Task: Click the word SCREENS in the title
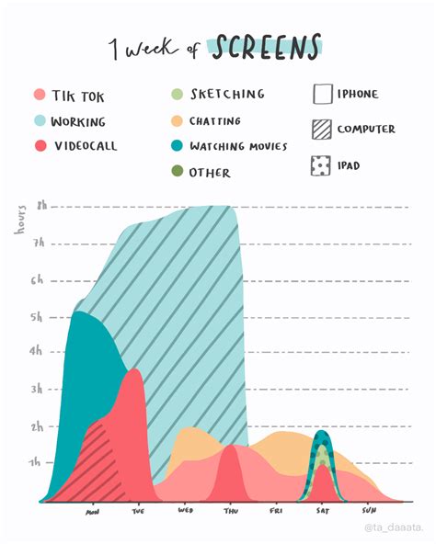[268, 46]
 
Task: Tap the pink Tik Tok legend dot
[39, 95]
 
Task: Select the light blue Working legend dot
[39, 121]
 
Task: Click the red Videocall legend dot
[39, 146]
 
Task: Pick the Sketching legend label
[227, 94]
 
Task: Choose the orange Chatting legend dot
[178, 121]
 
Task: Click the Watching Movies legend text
[238, 146]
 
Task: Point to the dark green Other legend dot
[178, 172]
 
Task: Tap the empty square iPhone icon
[322, 95]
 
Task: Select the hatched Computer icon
[322, 130]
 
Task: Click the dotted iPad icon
[322, 166]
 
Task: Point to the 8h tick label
[41, 207]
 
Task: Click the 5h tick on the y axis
[37, 318]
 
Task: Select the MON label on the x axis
[93, 512]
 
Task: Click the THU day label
[231, 511]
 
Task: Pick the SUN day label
[369, 510]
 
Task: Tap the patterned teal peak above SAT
[321, 450]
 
